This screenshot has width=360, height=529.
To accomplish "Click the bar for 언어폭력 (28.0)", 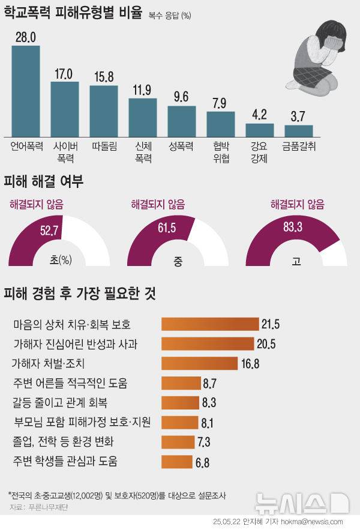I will tap(26, 91).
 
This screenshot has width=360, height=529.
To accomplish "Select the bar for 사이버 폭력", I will tap(64, 109).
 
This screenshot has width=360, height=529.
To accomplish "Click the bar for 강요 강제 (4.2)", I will tap(259, 130).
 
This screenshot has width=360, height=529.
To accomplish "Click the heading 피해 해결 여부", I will tap(43, 181).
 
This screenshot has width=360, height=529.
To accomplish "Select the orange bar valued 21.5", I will tap(209, 325).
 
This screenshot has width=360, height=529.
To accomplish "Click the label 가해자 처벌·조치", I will tap(49, 363).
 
